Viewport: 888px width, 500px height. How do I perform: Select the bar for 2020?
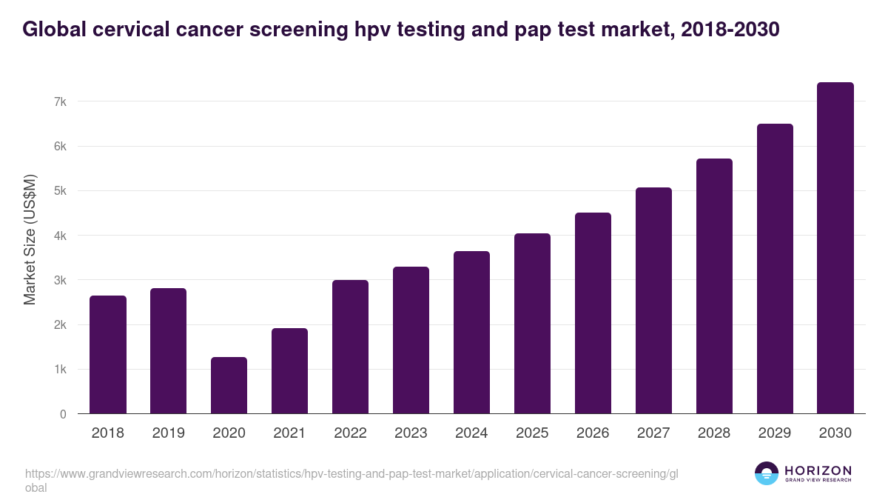(229, 385)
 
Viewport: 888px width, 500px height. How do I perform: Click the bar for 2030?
(835, 248)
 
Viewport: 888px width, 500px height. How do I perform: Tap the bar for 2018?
(108, 355)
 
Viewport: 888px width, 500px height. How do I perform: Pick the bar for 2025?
(532, 324)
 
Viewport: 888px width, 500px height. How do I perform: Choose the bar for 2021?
(289, 371)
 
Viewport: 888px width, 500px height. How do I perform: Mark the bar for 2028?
(714, 286)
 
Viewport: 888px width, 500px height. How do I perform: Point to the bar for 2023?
(411, 340)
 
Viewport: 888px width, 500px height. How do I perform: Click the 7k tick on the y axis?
(58, 101)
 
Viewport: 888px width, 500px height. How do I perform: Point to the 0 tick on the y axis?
(63, 414)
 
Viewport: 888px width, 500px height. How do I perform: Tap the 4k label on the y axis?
(58, 236)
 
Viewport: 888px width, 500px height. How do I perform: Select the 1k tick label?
(58, 370)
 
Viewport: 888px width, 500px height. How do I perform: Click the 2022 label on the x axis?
(350, 433)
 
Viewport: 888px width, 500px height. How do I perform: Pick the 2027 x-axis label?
(653, 433)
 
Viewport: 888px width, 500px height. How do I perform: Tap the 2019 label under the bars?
(168, 433)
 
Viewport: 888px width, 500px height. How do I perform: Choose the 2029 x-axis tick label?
(775, 433)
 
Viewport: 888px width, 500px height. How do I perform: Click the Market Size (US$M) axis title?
(30, 239)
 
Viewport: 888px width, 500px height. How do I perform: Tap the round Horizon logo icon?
(766, 473)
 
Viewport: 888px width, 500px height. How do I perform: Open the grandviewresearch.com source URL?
(351, 474)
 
